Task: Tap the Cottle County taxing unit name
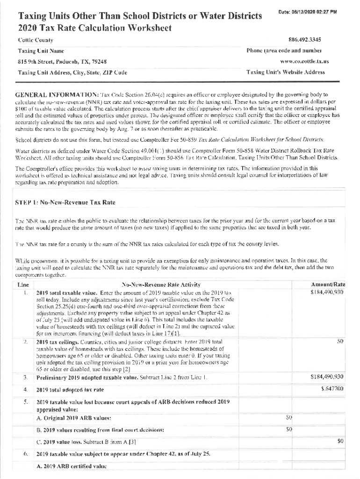[36, 40]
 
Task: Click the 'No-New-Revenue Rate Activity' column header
[161, 284]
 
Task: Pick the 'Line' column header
[23, 284]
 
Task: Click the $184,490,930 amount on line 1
[327, 292]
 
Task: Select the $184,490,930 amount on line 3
[327, 377]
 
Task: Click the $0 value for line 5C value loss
[340, 441]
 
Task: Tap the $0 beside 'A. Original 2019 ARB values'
[289, 417]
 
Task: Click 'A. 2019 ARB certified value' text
[68, 466]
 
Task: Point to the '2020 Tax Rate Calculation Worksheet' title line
[95, 28]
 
